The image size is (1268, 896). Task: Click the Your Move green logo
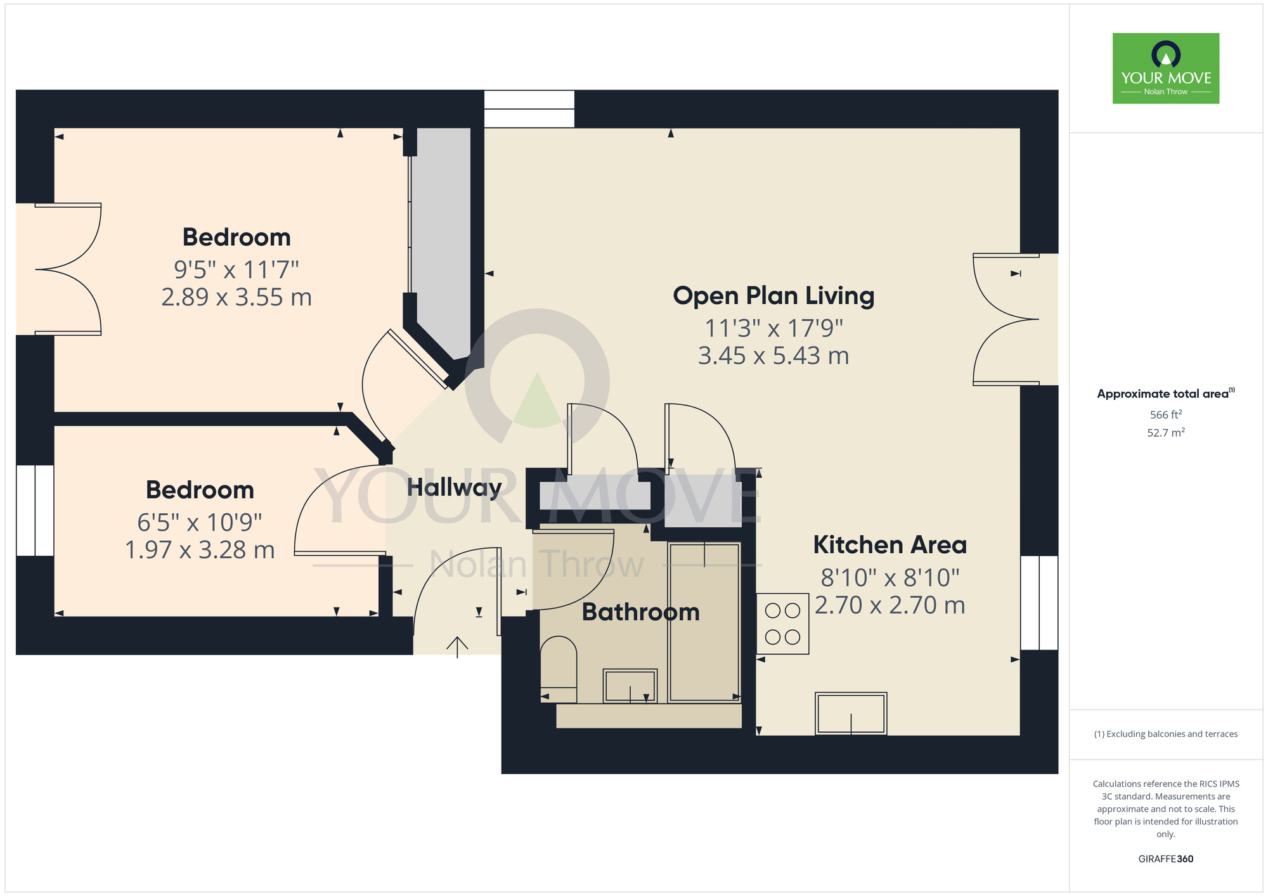tap(1166, 68)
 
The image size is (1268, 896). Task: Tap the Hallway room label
tap(455, 488)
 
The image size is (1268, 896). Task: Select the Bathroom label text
tap(641, 612)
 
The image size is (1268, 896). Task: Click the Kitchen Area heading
tap(890, 545)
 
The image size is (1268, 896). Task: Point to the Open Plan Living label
tap(773, 296)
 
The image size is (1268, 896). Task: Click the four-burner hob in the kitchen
tap(782, 624)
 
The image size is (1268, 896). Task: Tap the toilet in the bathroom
tap(559, 670)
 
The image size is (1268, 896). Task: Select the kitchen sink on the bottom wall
tap(851, 714)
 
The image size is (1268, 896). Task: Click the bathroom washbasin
tap(630, 686)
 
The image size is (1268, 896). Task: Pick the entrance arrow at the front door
tap(457, 647)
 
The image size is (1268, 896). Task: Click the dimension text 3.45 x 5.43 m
tap(773, 356)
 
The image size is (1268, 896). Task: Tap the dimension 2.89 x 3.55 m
tap(236, 297)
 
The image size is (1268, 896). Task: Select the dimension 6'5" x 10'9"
tap(200, 523)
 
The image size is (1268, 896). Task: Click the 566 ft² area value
tap(1166, 414)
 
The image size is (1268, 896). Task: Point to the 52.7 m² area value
tap(1166, 433)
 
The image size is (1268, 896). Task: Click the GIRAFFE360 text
tap(1166, 859)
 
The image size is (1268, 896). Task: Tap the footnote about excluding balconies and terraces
tap(1166, 734)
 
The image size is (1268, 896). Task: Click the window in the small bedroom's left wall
tap(35, 511)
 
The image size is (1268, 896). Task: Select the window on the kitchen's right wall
tap(1039, 603)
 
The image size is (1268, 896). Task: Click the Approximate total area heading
tap(1166, 394)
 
